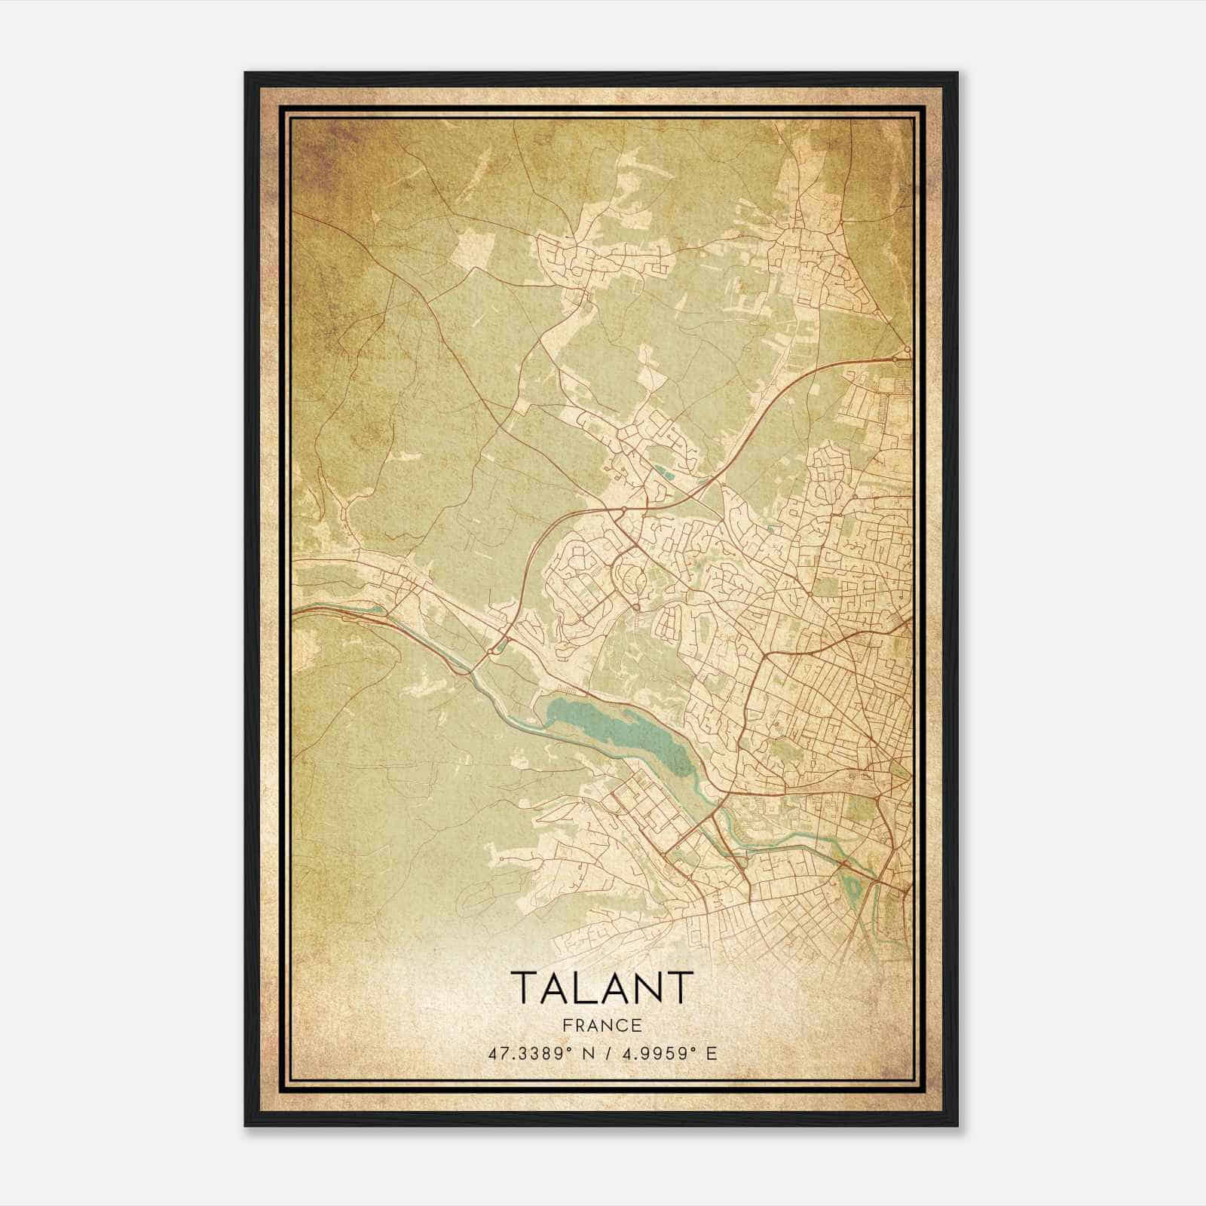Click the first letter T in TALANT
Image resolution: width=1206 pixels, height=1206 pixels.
(525, 987)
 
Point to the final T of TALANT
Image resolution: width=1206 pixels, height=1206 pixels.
(680, 987)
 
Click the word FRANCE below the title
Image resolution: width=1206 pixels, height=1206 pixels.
(601, 1025)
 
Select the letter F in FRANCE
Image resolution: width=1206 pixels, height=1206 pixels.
(567, 1025)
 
